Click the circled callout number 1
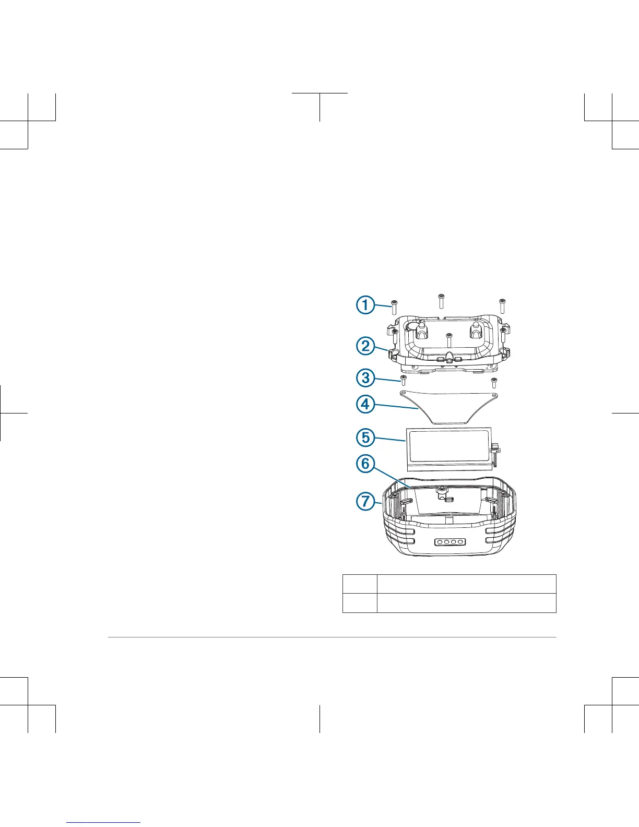[x=365, y=304]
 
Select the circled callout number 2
[x=365, y=346]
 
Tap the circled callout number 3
[x=365, y=378]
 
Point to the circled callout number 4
[x=365, y=404]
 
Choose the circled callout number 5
[x=365, y=436]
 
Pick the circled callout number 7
[x=365, y=502]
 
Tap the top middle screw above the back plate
[x=441, y=301]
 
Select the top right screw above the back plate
[x=502, y=305]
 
